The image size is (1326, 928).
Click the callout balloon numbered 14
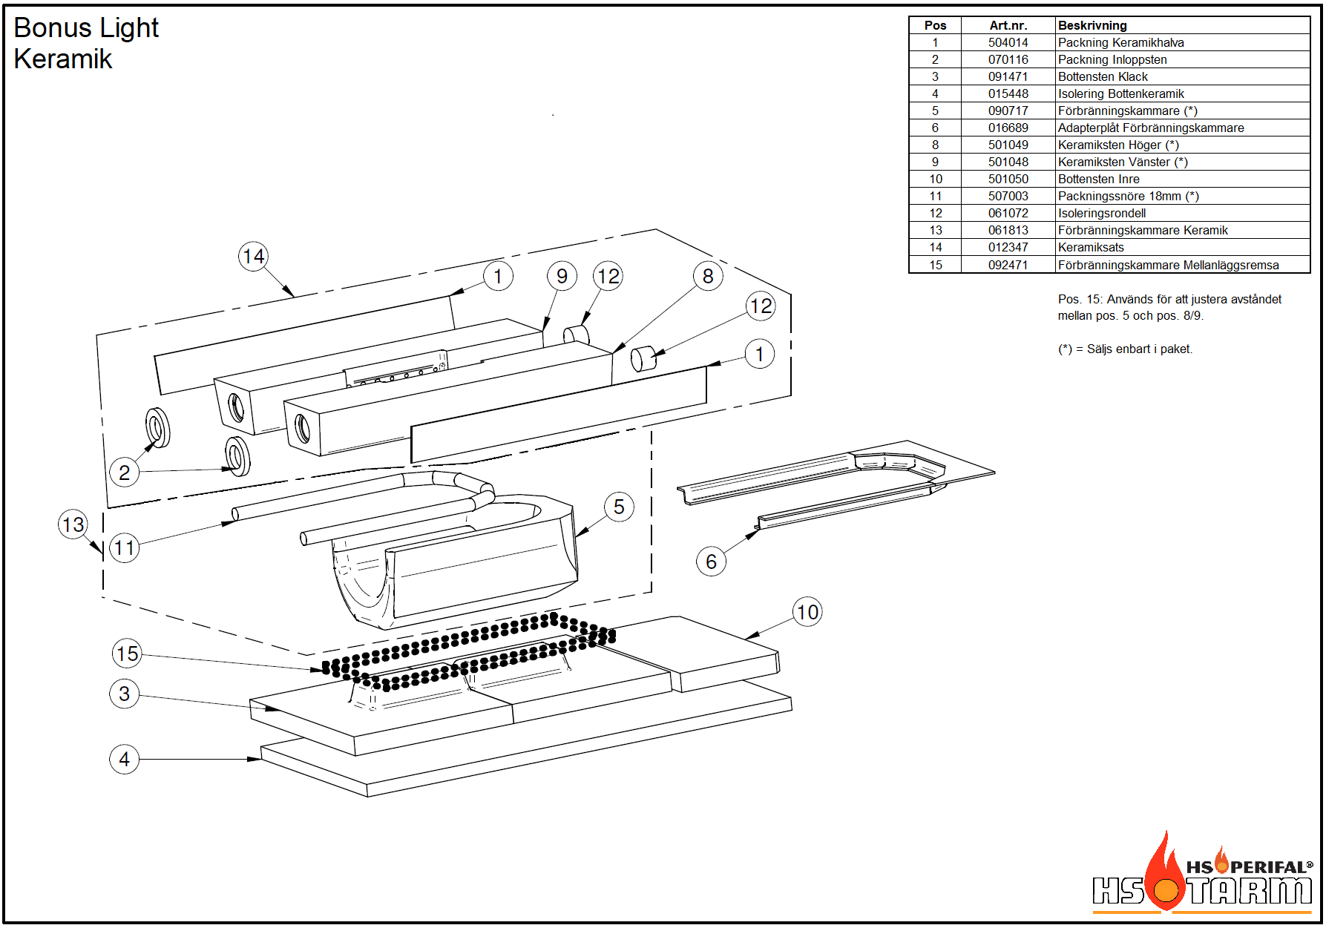point(254,257)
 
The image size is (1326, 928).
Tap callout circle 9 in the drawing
point(562,276)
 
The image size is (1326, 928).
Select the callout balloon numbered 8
point(709,276)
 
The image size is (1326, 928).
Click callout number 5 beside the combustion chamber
point(619,507)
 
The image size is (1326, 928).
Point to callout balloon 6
point(711,562)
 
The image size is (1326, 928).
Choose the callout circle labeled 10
point(807,612)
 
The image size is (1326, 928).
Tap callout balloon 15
point(127,654)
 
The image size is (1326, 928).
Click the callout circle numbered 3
point(125,694)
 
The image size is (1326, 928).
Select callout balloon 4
point(125,759)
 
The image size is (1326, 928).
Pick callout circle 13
point(73,524)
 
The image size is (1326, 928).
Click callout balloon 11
point(125,548)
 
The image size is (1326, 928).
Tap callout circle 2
point(125,473)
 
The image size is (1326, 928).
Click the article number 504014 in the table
point(1008,43)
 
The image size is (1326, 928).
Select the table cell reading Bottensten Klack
point(1103,77)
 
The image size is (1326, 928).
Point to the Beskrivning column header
point(1092,25)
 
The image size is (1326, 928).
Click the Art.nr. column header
point(1008,25)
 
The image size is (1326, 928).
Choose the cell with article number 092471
point(1008,265)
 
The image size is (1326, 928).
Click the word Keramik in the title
point(63,59)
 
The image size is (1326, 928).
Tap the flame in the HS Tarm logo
point(1166,871)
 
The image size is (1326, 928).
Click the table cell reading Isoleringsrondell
point(1102,214)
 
